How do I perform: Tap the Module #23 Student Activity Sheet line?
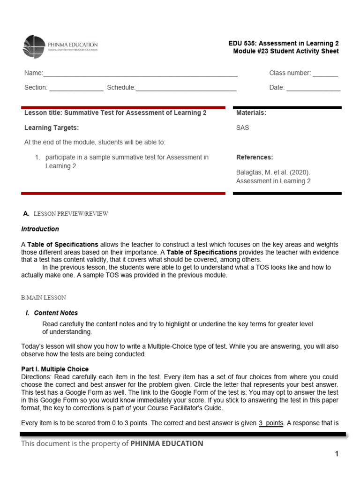pyautogui.click(x=285, y=52)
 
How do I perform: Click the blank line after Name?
pyautogui.click(x=140, y=74)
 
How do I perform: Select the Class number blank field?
pyautogui.click(x=325, y=74)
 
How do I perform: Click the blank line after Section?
pyautogui.click(x=76, y=88)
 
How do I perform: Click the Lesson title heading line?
pyautogui.click(x=115, y=113)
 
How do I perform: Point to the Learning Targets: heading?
pyautogui.click(x=52, y=127)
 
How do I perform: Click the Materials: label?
pyautogui.click(x=251, y=113)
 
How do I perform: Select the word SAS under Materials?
pyautogui.click(x=243, y=127)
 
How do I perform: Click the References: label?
pyautogui.click(x=255, y=157)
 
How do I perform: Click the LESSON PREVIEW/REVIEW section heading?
pyautogui.click(x=71, y=214)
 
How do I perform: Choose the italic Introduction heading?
pyautogui.click(x=40, y=229)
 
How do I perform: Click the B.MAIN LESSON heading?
pyautogui.click(x=44, y=298)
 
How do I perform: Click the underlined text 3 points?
pyautogui.click(x=271, y=423)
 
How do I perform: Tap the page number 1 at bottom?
pyautogui.click(x=336, y=454)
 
